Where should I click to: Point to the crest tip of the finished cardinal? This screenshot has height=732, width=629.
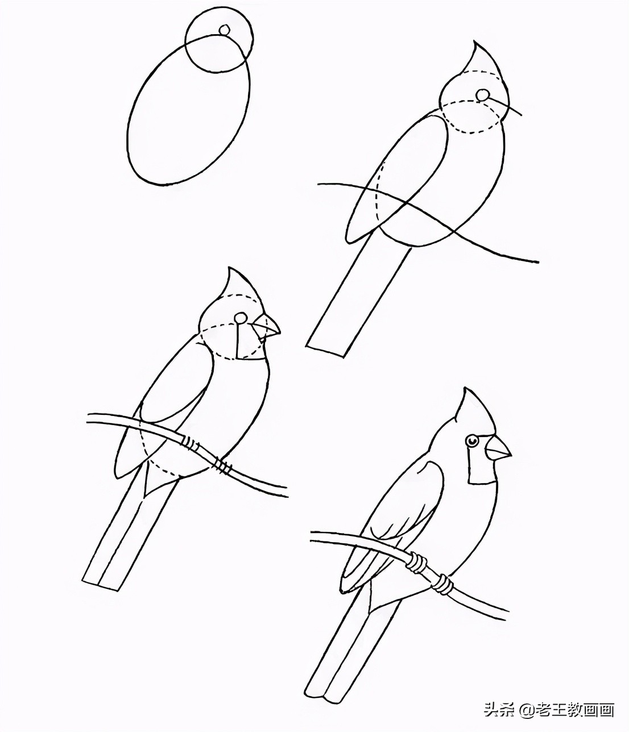tap(466, 390)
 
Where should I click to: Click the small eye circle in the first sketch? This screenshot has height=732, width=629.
tap(225, 30)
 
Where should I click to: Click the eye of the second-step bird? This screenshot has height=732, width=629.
tap(482, 95)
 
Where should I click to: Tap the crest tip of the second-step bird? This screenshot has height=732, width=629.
tap(474, 43)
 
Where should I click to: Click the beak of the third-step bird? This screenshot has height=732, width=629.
tap(266, 327)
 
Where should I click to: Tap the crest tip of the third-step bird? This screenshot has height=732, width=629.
tap(229, 268)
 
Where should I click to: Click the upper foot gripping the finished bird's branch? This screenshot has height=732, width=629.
tap(418, 563)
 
